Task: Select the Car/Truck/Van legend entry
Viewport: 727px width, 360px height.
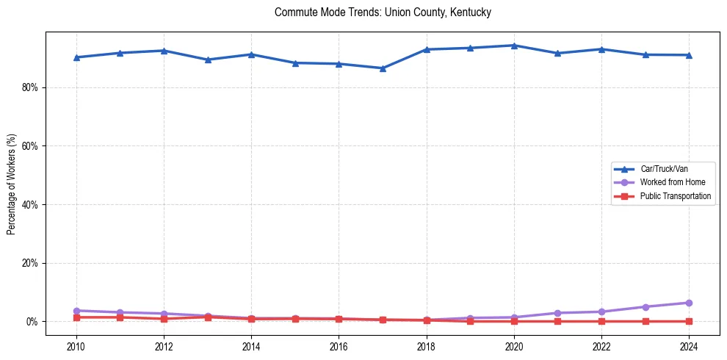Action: pos(664,169)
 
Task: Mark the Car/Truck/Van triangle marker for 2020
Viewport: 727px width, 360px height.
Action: pos(514,46)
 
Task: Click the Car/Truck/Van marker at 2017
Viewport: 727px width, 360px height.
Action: pos(383,68)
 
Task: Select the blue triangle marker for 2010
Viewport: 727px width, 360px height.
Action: pos(76,57)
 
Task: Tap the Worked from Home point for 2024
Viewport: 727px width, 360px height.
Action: pos(689,303)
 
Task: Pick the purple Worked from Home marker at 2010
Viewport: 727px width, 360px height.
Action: pos(76,311)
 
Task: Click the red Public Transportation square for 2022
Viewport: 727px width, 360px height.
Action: pos(601,321)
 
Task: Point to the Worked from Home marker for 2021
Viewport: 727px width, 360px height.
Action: pos(557,313)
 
